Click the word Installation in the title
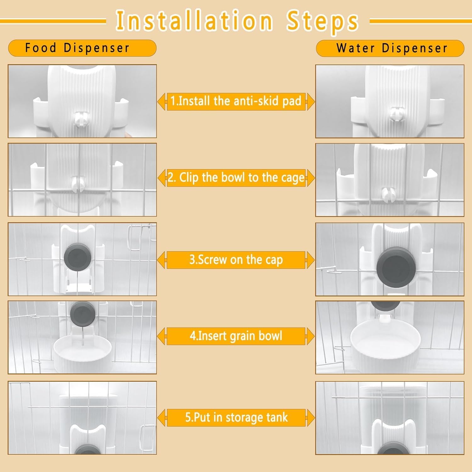[x=194, y=21]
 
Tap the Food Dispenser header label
[x=77, y=48]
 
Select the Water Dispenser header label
[x=392, y=48]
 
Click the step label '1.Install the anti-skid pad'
[x=236, y=101]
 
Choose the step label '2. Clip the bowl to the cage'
[x=236, y=178]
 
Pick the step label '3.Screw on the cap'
[x=236, y=260]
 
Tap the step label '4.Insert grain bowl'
[x=236, y=336]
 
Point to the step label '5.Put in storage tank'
[x=236, y=418]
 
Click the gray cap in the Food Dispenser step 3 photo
[x=77, y=258]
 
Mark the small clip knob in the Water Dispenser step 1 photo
[x=396, y=115]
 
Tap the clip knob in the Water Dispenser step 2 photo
[x=386, y=194]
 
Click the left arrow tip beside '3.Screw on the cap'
[x=158, y=260]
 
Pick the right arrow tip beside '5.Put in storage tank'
[x=314, y=418]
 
